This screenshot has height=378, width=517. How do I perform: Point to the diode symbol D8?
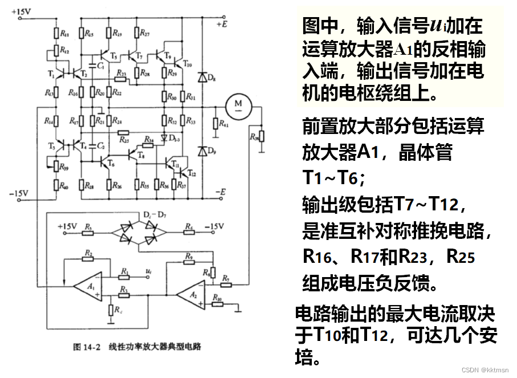201,76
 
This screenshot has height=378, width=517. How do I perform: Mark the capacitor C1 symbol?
93,59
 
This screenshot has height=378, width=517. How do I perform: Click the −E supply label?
222,191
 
